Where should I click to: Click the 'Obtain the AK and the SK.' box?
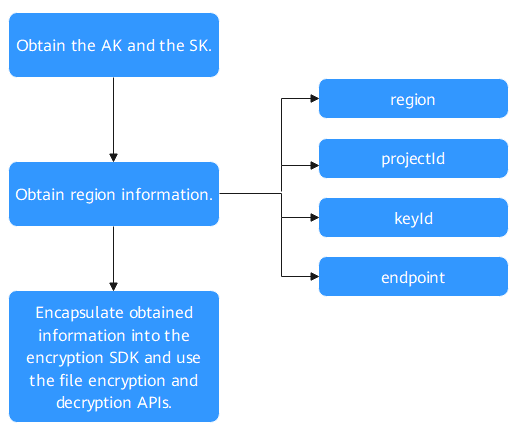coord(114,45)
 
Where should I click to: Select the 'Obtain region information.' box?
coord(114,194)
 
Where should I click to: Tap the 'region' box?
coord(413,99)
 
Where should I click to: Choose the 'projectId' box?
coord(413,159)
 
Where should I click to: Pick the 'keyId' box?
coord(413,218)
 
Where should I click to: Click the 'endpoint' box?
coord(413,276)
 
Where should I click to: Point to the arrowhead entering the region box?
coord(315,99)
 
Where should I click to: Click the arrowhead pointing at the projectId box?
coord(315,165)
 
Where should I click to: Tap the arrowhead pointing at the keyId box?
coord(315,218)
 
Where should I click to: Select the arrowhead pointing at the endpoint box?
coord(315,276)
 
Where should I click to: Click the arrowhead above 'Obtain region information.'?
coord(114,158)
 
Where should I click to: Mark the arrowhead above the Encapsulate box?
coord(114,287)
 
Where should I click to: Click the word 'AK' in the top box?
coord(112,46)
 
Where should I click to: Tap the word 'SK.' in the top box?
coord(200,46)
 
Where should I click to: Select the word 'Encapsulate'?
coord(80,313)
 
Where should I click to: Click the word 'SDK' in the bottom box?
coord(124,358)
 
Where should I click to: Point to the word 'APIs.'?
coord(154,403)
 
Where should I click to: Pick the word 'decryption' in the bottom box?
coord(94,403)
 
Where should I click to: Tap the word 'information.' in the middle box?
coord(167,195)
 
